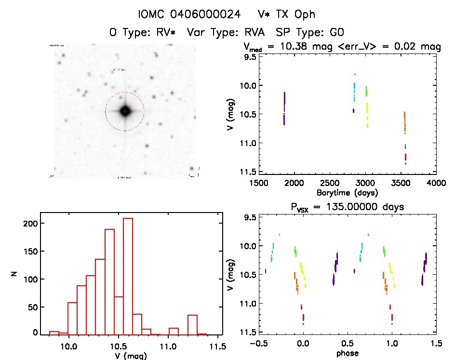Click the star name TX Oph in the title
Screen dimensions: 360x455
coord(294,14)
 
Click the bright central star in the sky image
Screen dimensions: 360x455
coord(125,111)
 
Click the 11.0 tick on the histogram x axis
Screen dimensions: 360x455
coord(168,346)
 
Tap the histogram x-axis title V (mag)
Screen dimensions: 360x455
coord(129,356)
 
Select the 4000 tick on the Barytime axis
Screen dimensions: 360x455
coord(436,183)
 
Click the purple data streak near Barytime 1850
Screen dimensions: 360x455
coord(284,108)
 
